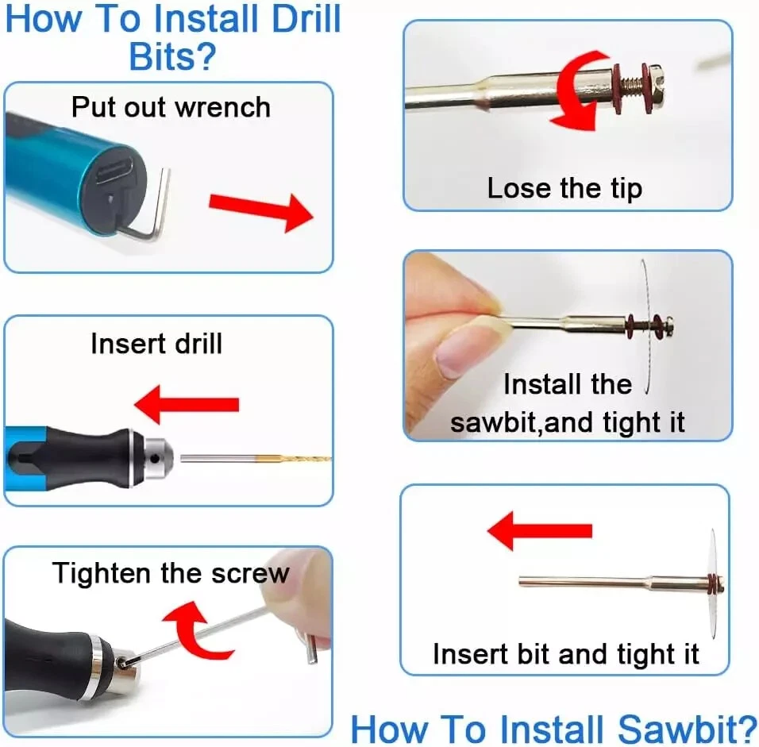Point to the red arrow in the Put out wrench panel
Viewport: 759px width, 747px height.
click(261, 212)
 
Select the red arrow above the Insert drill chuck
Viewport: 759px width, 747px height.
click(187, 405)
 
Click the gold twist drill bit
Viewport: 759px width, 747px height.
click(293, 457)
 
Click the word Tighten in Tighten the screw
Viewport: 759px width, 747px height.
click(101, 573)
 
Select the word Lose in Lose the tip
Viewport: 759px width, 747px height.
click(519, 188)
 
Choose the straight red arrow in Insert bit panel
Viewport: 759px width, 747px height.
click(539, 531)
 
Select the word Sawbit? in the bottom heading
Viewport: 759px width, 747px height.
click(688, 729)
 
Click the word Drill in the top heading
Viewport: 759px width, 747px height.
click(306, 19)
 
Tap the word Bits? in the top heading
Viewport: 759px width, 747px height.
click(172, 56)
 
